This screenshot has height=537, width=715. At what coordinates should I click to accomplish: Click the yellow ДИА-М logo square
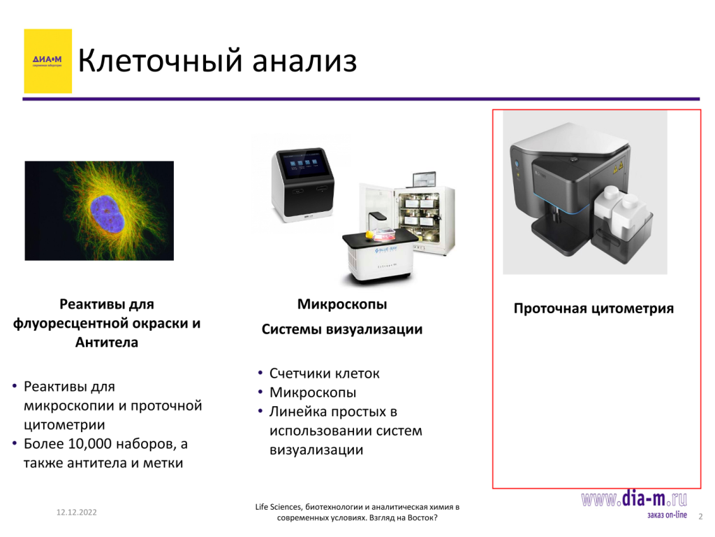pyautogui.click(x=48, y=62)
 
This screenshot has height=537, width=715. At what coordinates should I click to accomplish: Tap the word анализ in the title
pyautogui.click(x=304, y=62)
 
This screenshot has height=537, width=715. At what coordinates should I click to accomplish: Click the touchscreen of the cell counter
pyautogui.click(x=303, y=164)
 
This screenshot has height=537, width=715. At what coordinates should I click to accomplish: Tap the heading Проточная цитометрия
pyautogui.click(x=594, y=308)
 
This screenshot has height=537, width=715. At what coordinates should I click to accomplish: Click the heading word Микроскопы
pyautogui.click(x=342, y=304)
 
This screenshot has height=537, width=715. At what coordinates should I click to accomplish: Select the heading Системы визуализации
pyautogui.click(x=342, y=329)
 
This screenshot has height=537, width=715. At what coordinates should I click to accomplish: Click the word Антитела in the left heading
pyautogui.click(x=107, y=343)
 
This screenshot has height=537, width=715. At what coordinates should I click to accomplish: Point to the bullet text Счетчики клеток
pyautogui.click(x=324, y=373)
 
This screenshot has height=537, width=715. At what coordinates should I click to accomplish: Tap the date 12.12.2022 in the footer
pyautogui.click(x=77, y=513)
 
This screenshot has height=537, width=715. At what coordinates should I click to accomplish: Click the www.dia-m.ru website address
pyautogui.click(x=634, y=499)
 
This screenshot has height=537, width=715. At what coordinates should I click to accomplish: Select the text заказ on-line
pyautogui.click(x=667, y=515)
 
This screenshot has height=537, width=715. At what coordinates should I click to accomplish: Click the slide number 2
pyautogui.click(x=701, y=517)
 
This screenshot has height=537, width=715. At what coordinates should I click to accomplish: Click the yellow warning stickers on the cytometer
pyautogui.click(x=618, y=168)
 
